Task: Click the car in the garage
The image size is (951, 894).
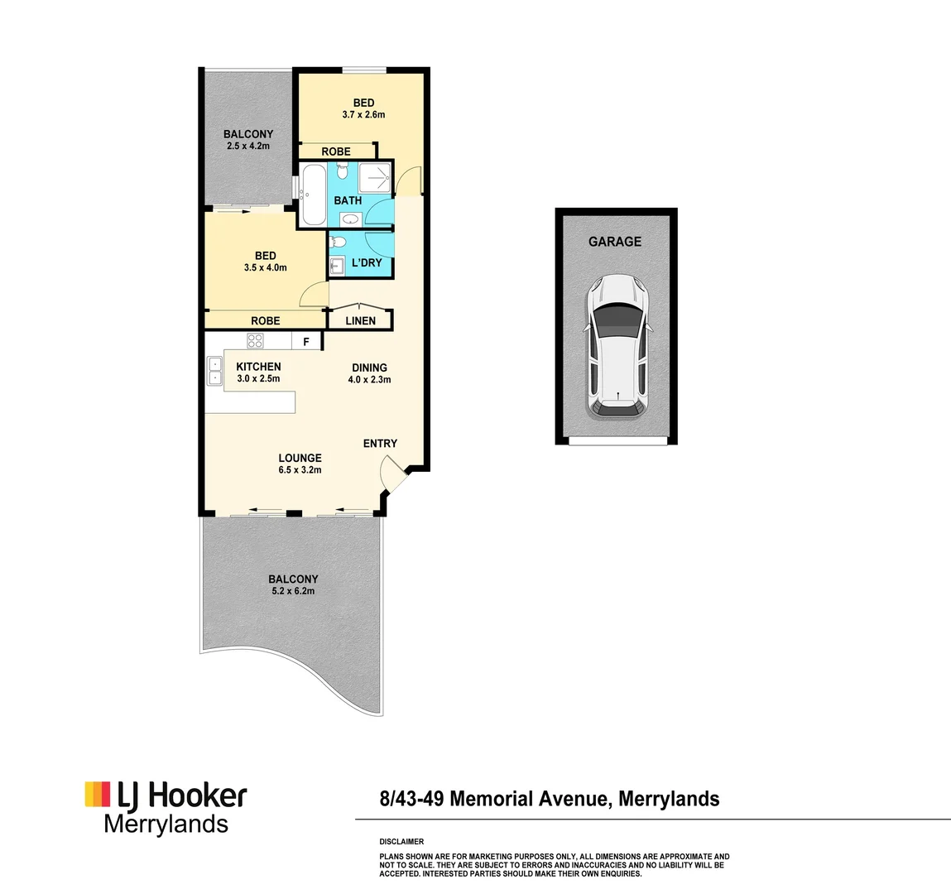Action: coord(617,345)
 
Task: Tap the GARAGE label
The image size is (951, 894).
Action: coord(615,242)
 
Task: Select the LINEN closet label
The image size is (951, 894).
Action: coord(360,320)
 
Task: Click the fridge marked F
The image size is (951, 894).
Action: coord(306,341)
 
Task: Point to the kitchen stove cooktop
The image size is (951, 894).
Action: coord(255,340)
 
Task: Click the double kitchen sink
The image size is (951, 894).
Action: coord(214,370)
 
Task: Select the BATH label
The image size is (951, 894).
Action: coord(348,200)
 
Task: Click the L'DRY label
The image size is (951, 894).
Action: coord(367,262)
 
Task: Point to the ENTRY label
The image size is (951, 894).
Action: coord(380,444)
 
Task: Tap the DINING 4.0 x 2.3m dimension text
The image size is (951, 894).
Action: coord(369,380)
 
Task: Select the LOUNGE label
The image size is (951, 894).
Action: coord(300,458)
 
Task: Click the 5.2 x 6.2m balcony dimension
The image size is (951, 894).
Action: coord(293,591)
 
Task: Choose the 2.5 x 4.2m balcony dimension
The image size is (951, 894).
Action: coord(247,146)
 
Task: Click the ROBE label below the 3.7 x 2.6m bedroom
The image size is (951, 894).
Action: coord(336,151)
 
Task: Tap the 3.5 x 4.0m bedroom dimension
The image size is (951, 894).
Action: coord(265,267)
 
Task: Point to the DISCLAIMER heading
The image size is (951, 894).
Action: coord(401,841)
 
